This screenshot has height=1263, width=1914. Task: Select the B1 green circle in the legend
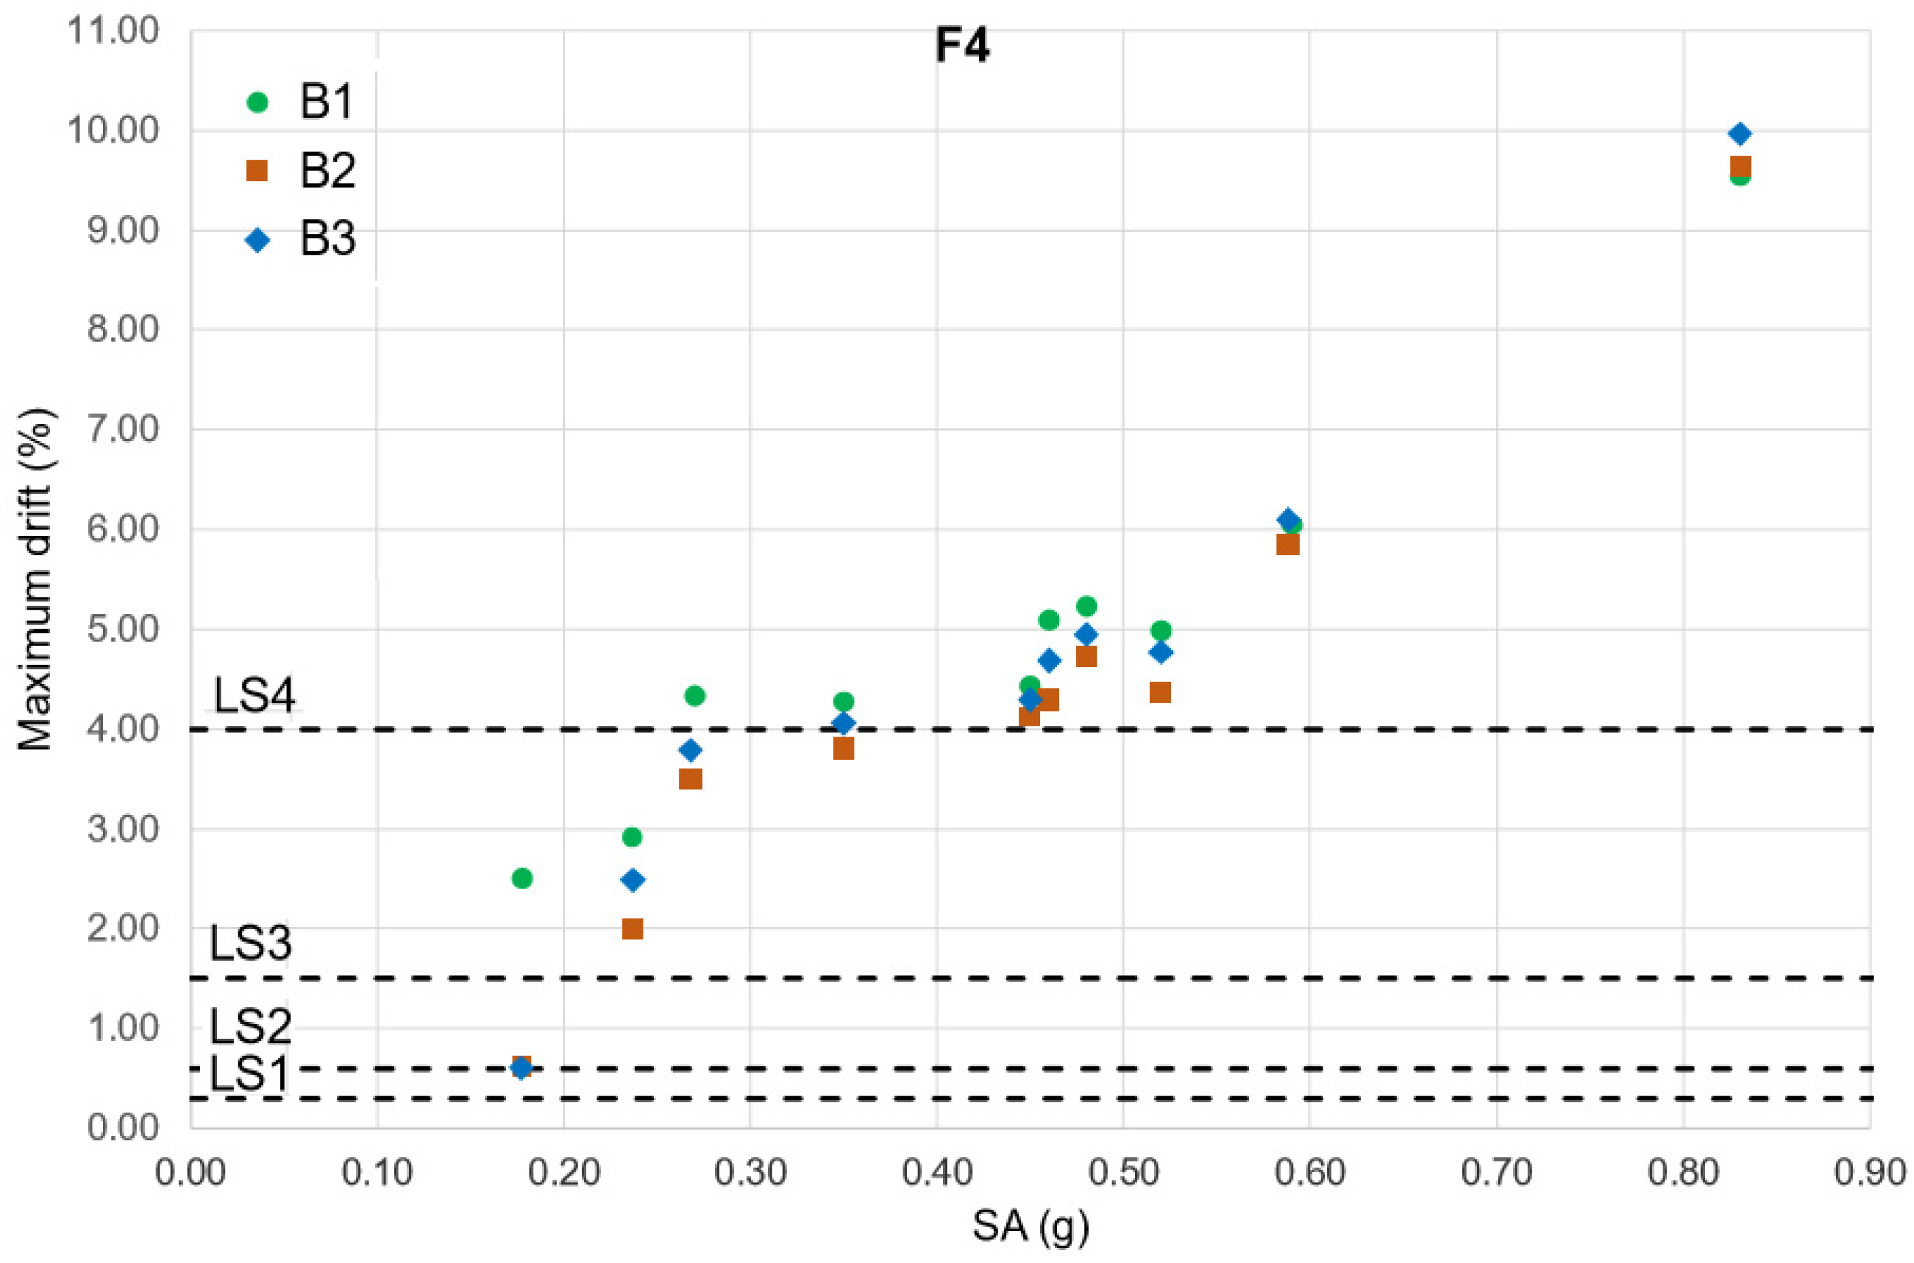[257, 102]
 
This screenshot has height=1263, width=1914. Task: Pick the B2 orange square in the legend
[257, 171]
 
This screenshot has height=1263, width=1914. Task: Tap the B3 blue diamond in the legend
[257, 240]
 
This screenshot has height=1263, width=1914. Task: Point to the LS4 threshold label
[253, 694]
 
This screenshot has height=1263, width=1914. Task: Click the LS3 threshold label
[251, 943]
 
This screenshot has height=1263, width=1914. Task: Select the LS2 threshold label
[251, 1026]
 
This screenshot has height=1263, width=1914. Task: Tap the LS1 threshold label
[249, 1073]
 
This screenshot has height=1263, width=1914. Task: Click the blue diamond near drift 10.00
[1740, 134]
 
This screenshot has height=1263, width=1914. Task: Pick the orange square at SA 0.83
[1740, 167]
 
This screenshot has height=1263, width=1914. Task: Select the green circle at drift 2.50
[522, 878]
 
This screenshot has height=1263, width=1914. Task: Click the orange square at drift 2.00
[633, 929]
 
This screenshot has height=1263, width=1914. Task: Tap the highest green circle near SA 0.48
[1086, 606]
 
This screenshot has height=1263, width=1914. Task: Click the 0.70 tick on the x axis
[1496, 1172]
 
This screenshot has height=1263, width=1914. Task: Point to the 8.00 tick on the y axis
[122, 330]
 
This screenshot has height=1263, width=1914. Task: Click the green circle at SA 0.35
[844, 702]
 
